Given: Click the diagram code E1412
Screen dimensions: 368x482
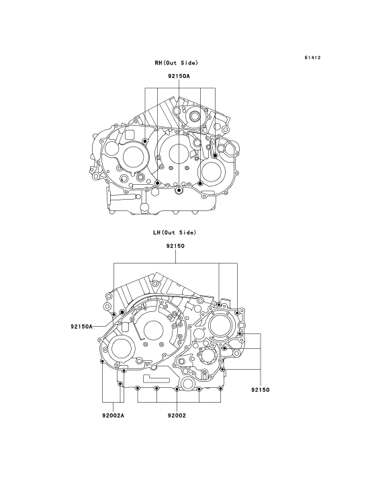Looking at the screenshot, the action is click(x=313, y=58).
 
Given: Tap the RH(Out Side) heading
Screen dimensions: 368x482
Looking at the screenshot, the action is click(x=177, y=63).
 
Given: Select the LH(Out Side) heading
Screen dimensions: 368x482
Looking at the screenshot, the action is click(x=175, y=233).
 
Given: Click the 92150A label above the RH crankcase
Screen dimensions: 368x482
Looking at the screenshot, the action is click(x=179, y=76).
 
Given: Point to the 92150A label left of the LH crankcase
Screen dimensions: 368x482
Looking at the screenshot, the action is click(x=81, y=326).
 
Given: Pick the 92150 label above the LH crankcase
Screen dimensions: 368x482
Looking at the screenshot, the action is click(x=175, y=246).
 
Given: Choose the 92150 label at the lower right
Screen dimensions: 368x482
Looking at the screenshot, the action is click(x=260, y=390).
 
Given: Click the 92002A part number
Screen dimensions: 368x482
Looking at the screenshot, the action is click(x=113, y=415).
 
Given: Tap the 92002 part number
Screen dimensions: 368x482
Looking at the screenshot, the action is click(x=177, y=415).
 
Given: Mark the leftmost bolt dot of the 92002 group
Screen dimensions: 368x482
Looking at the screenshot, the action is click(x=137, y=389).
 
